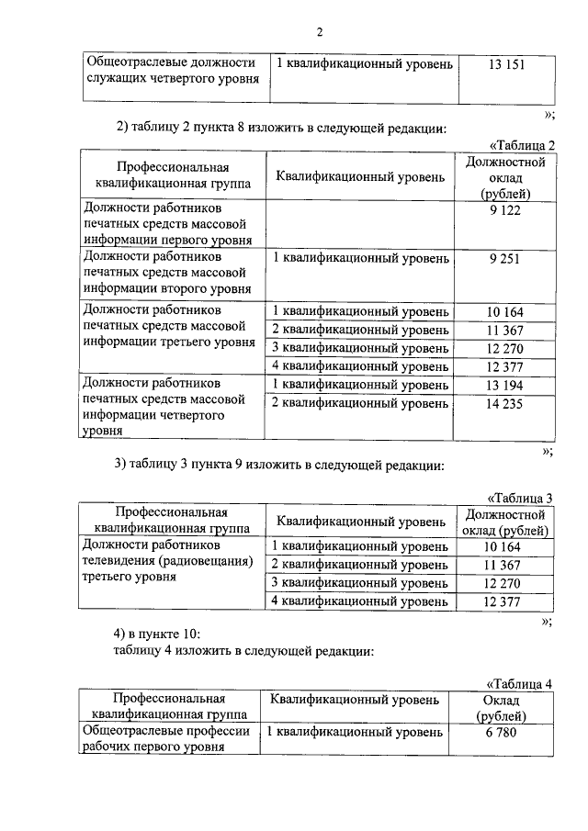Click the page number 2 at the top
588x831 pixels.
(320, 33)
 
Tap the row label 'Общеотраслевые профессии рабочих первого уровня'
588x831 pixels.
(166, 740)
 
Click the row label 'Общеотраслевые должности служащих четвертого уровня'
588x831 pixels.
(170, 71)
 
